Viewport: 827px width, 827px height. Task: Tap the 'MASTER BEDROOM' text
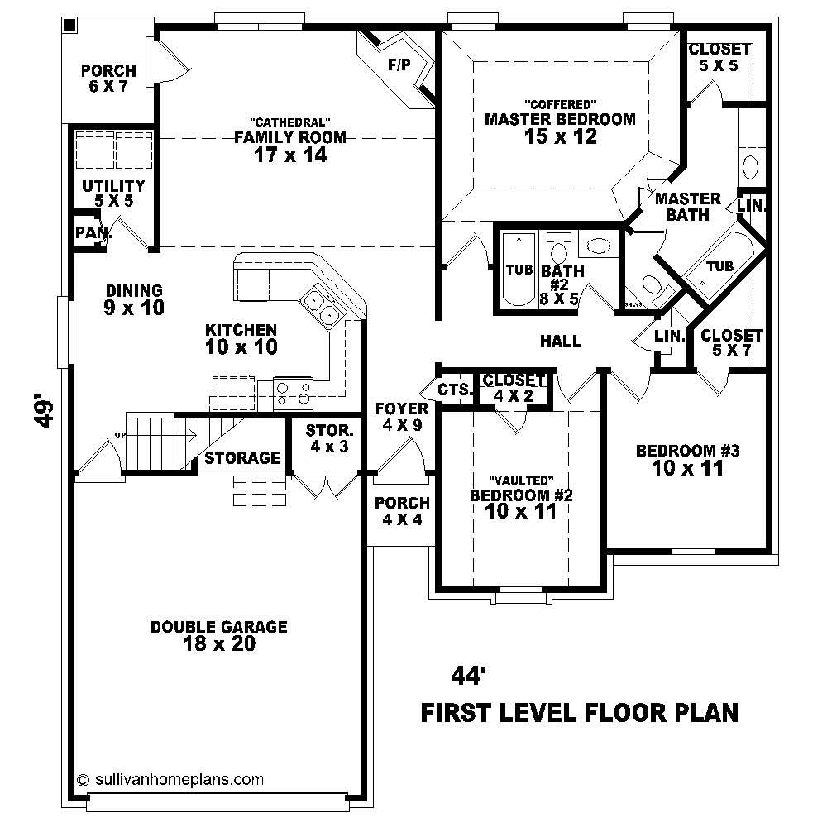[x=560, y=119]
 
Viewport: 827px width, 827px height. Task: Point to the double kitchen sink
[x=320, y=305]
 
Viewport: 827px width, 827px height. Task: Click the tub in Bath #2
[x=518, y=270]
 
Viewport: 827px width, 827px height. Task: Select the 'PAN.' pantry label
[x=92, y=233]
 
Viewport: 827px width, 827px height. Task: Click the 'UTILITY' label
[x=113, y=186]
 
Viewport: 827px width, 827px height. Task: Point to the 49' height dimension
[x=46, y=413]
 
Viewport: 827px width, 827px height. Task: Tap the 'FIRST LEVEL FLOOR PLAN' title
[x=580, y=712]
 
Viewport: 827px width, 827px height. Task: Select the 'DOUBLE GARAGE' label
[x=219, y=627]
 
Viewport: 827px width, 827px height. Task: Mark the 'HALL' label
[x=560, y=340]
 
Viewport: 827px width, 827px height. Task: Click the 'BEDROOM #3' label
[x=686, y=451]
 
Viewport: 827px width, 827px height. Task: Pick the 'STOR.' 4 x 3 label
[x=329, y=431]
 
